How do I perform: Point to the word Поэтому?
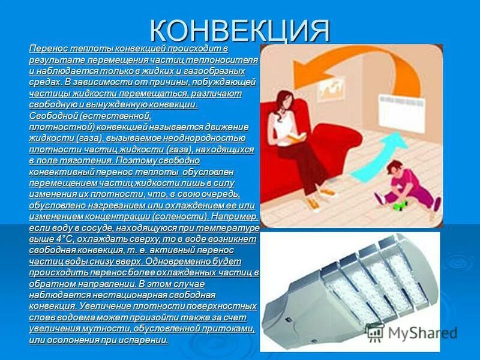coord(136,161)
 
